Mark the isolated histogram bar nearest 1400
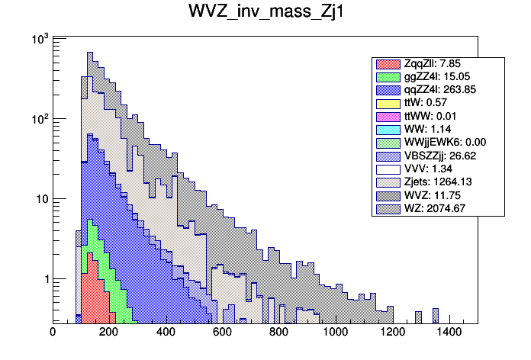435,316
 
